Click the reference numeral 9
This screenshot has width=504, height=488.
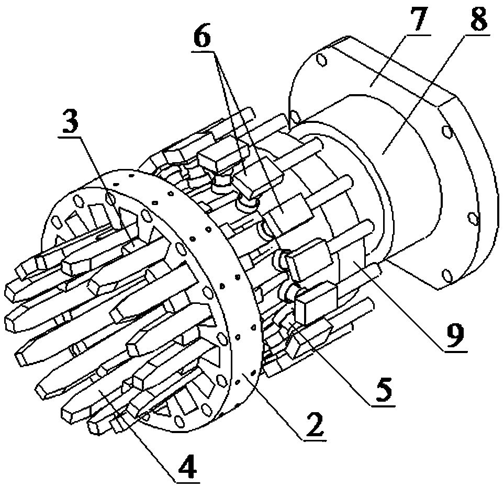(455, 335)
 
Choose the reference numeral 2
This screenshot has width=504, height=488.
(314, 424)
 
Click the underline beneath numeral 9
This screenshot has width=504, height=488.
(456, 352)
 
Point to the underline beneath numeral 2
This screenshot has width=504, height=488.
(314, 439)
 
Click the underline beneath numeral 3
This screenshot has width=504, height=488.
(70, 137)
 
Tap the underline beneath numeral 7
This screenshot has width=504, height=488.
(417, 35)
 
